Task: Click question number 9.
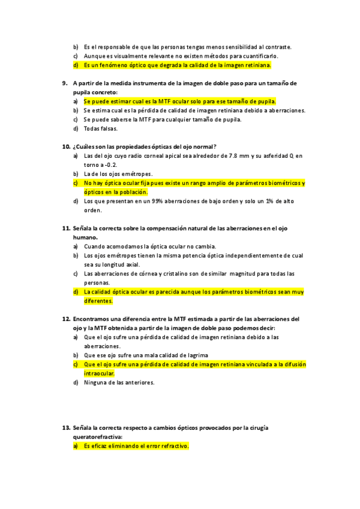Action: tap(65, 83)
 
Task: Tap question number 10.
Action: tap(66, 146)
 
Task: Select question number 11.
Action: tap(66, 229)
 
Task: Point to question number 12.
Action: tap(66, 319)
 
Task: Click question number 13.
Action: tap(66, 428)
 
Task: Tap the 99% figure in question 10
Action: tap(158, 201)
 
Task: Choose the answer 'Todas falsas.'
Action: tap(101, 128)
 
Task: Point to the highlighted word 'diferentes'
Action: tap(98, 301)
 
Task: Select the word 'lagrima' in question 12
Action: tap(196, 355)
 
